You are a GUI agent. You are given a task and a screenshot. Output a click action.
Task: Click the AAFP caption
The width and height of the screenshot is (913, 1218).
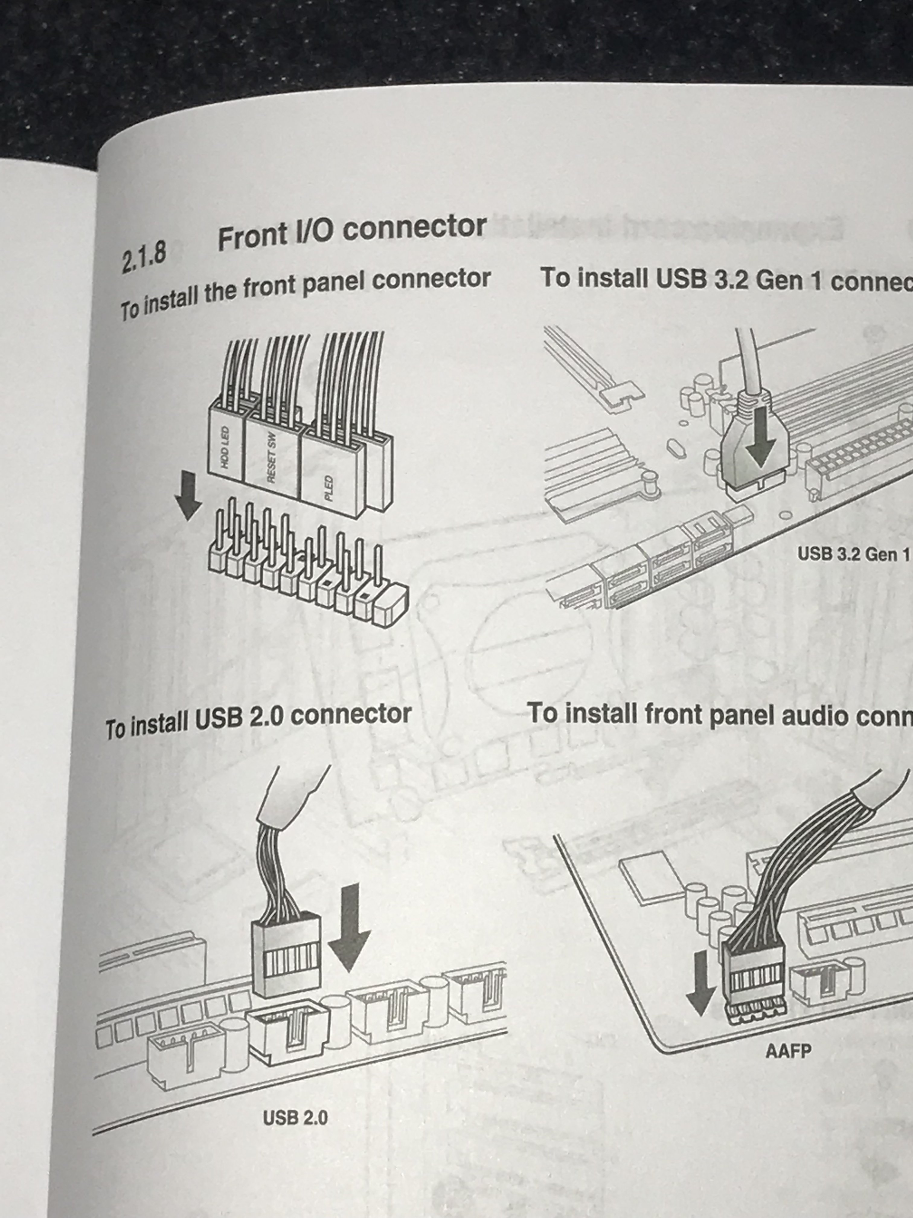pyautogui.click(x=788, y=1051)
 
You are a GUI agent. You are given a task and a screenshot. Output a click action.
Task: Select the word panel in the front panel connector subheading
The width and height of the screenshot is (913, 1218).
pyautogui.click(x=336, y=282)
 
